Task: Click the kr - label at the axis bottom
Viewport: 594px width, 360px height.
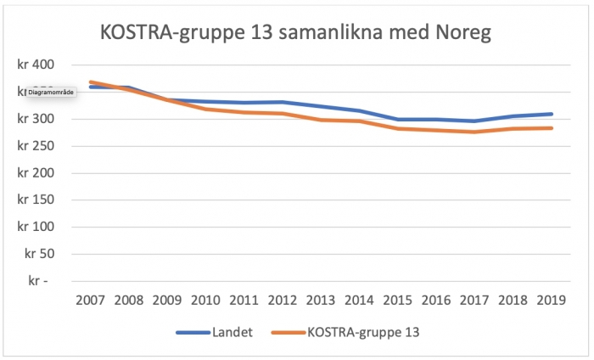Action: pos(42,281)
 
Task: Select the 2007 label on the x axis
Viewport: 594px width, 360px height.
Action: pos(91,301)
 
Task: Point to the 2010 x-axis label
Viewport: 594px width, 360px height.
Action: pos(206,301)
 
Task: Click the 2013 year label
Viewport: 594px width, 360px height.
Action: pos(322,301)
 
